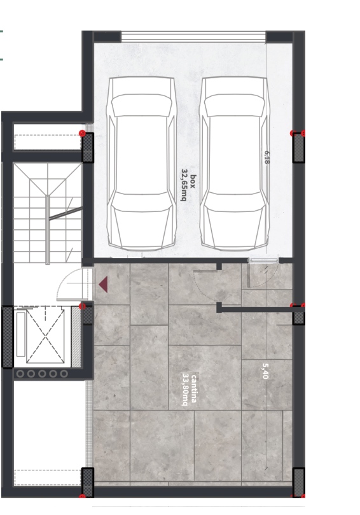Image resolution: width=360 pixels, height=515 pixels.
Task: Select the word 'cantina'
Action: (x=194, y=388)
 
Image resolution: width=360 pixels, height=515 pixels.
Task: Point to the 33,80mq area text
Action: (x=186, y=390)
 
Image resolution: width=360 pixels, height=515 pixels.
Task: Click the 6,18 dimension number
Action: (x=267, y=157)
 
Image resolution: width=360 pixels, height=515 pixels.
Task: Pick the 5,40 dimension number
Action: (x=265, y=371)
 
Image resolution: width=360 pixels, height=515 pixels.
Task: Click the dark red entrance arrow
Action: (x=103, y=285)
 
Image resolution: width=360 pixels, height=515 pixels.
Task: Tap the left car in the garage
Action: (x=142, y=163)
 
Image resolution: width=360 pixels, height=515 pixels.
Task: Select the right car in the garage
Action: (x=234, y=163)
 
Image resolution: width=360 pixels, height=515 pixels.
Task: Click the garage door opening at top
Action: (x=193, y=36)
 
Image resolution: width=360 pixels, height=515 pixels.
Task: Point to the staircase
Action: (x=48, y=213)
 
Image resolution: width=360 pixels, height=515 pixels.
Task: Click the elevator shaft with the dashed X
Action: (x=45, y=335)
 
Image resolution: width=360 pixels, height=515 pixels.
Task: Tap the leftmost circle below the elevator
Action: (x=20, y=374)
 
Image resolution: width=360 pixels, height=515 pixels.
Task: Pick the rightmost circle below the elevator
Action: (x=64, y=374)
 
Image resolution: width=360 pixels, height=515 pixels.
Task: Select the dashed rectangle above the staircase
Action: (x=48, y=142)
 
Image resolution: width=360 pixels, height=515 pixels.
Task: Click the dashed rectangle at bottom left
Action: (x=48, y=477)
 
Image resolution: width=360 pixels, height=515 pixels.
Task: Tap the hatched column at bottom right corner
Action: (x=298, y=482)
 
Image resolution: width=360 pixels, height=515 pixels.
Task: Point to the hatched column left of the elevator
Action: (x=8, y=337)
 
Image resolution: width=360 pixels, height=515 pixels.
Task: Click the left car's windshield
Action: (x=142, y=105)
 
